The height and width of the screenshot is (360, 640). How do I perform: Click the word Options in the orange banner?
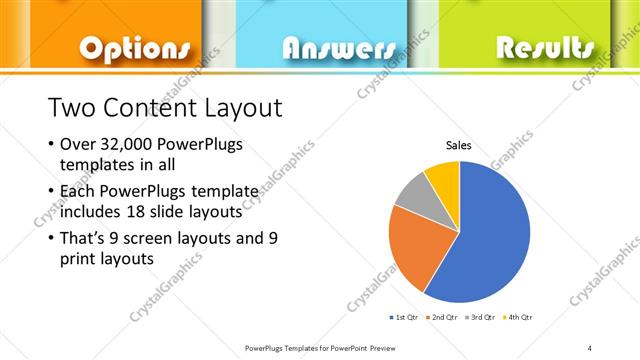pyautogui.click(x=133, y=48)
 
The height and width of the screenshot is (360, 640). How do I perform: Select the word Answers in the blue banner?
pyautogui.click(x=338, y=48)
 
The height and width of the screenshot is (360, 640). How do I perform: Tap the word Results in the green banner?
pyautogui.click(x=544, y=47)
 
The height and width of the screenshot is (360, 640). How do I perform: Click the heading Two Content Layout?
pyautogui.click(x=165, y=107)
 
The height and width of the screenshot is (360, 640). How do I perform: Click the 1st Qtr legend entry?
pyautogui.click(x=405, y=317)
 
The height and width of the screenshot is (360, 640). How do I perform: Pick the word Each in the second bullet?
pyautogui.click(x=79, y=190)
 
